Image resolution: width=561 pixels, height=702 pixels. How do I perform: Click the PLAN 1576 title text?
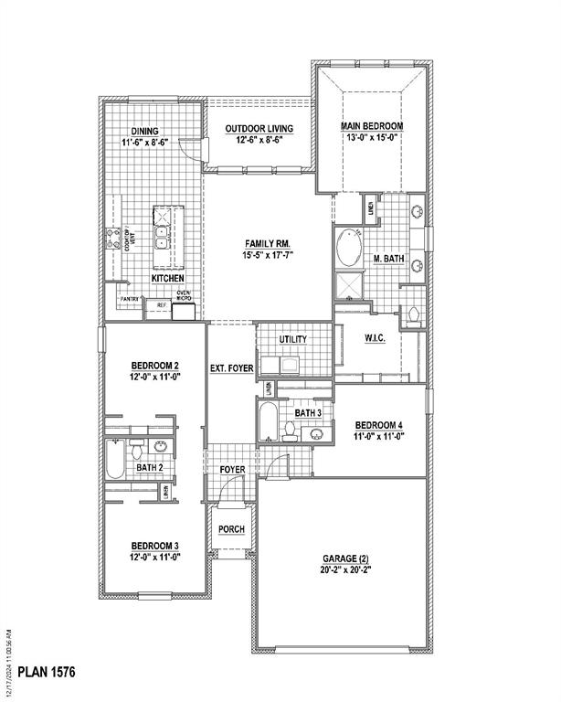point(45,673)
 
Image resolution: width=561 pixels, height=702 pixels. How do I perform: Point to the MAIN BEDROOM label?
point(372,126)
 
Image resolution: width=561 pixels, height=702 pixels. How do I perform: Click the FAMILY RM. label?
point(268,243)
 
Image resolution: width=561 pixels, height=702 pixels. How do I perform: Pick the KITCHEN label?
point(167,278)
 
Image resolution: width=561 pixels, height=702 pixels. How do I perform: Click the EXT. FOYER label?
point(231,368)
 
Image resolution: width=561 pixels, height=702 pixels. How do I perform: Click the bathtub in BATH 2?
point(115,460)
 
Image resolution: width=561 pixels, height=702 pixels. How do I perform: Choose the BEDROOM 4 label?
point(378,425)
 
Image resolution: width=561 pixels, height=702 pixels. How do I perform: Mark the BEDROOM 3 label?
point(153,546)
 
